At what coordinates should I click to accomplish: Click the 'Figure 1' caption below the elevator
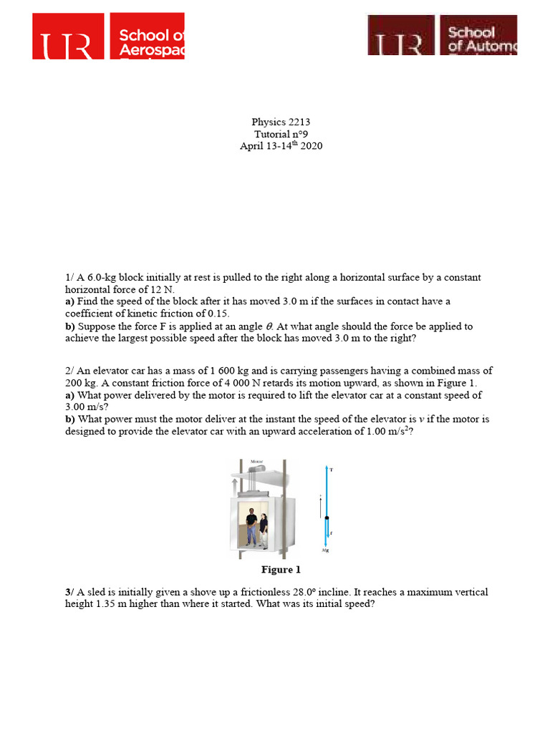tap(281, 570)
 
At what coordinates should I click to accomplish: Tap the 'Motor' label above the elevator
tap(256, 462)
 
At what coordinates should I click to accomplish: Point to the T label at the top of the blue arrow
tap(332, 470)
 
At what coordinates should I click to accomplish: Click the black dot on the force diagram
tap(327, 517)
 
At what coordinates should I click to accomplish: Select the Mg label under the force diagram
tap(326, 551)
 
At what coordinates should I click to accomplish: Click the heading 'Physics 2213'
tap(281, 122)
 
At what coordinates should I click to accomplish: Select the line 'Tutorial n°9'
tap(281, 135)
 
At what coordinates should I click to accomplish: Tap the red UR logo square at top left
tap(68, 37)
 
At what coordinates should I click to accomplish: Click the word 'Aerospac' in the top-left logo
tap(151, 49)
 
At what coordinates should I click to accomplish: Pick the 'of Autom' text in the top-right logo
tap(481, 47)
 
